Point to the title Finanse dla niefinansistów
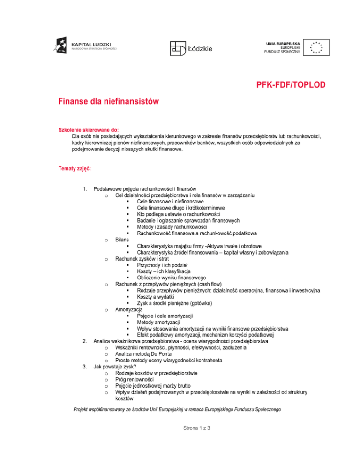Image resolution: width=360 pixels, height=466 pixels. (x=109, y=101)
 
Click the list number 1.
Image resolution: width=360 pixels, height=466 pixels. (x=84, y=189)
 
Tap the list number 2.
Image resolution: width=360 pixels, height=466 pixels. (x=84, y=342)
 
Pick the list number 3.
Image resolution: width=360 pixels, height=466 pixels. (x=84, y=368)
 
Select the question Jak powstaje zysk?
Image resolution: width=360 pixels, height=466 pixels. (x=115, y=368)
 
